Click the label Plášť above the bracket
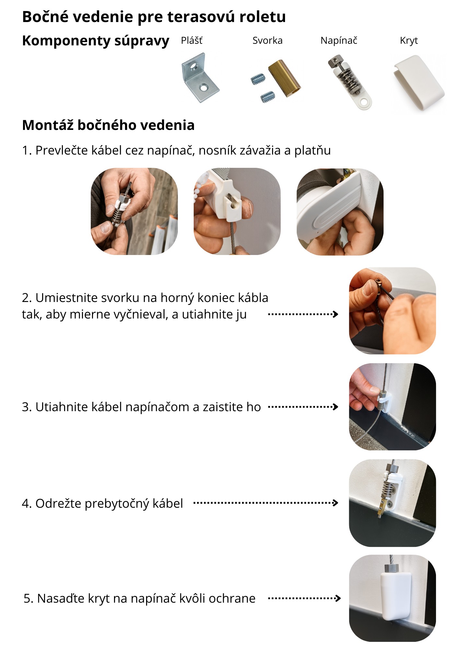pyautogui.click(x=192, y=40)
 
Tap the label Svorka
pyautogui.click(x=268, y=40)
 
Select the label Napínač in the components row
pyautogui.click(x=339, y=40)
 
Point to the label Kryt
pyautogui.click(x=409, y=41)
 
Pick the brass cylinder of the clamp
pyautogui.click(x=284, y=78)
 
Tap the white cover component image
pyautogui.click(x=419, y=83)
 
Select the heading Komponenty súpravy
pyautogui.click(x=96, y=41)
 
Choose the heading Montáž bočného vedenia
pyautogui.click(x=108, y=125)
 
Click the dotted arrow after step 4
pyautogui.click(x=266, y=503)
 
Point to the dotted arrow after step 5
pyautogui.click(x=304, y=598)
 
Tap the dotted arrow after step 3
pyautogui.click(x=303, y=407)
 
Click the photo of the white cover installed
pyautogui.click(x=393, y=598)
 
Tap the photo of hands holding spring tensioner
pyautogui.click(x=134, y=211)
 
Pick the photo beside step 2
pyautogui.click(x=393, y=310)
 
